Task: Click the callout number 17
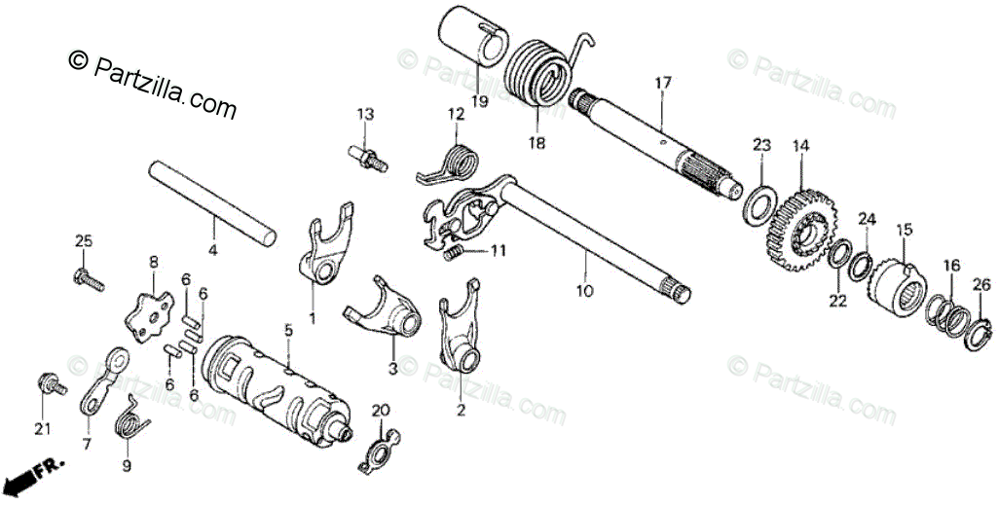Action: click(663, 84)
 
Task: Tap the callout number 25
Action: click(84, 240)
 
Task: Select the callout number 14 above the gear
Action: click(800, 147)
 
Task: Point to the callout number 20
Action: click(380, 410)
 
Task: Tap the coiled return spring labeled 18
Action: click(539, 73)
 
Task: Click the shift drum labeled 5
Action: click(277, 385)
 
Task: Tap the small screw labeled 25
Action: click(87, 278)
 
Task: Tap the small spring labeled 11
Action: click(451, 254)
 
